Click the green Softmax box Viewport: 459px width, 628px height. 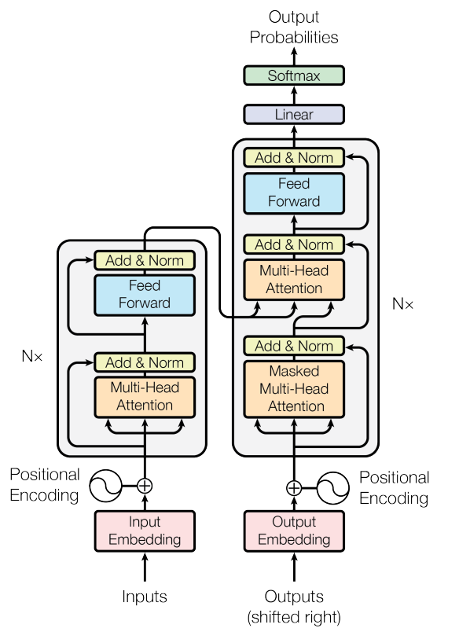tap(294, 75)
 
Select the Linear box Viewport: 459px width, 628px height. tap(294, 115)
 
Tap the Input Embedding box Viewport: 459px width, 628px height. tap(145, 531)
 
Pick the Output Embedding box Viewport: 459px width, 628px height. tap(294, 531)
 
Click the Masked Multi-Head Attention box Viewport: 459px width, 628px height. tap(294, 389)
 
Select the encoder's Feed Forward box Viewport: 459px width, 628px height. tap(145, 295)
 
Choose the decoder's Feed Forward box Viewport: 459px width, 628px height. tap(294, 193)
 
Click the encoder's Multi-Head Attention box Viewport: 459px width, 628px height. tap(145, 397)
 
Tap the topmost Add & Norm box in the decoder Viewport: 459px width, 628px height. tap(294, 158)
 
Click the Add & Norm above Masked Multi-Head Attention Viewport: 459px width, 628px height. tap(294, 346)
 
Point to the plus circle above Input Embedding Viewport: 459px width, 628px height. tap(145, 486)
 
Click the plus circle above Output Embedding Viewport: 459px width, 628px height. tap(294, 488)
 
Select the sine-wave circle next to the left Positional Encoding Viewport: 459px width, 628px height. tap(106, 486)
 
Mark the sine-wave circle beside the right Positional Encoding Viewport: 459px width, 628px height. tap(332, 488)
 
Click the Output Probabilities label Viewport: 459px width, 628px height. tap(294, 28)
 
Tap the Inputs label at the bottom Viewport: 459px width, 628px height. tap(145, 597)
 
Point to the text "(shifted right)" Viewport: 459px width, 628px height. tap(294, 617)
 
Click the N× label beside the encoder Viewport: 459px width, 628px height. tap(32, 355)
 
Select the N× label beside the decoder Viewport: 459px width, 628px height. tap(402, 303)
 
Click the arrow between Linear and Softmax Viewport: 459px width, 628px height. tap(294, 95)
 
